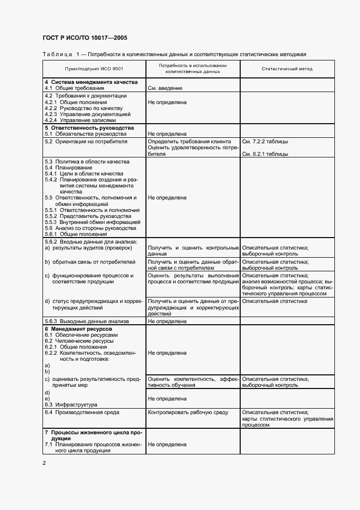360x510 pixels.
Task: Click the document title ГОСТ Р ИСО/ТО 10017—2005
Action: click(85, 38)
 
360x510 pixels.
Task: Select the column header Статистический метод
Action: click(287, 69)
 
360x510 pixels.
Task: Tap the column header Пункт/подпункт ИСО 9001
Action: click(94, 69)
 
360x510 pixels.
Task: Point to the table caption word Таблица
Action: click(57, 54)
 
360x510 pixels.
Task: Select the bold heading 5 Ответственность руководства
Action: click(89, 127)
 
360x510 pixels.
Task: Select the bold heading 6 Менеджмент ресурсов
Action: click(78, 330)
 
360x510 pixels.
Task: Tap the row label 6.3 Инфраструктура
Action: click(71, 404)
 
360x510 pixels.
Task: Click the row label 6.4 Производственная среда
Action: click(82, 412)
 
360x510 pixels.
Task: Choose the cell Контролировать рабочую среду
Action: click(188, 412)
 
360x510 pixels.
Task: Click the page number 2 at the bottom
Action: click(45, 463)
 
